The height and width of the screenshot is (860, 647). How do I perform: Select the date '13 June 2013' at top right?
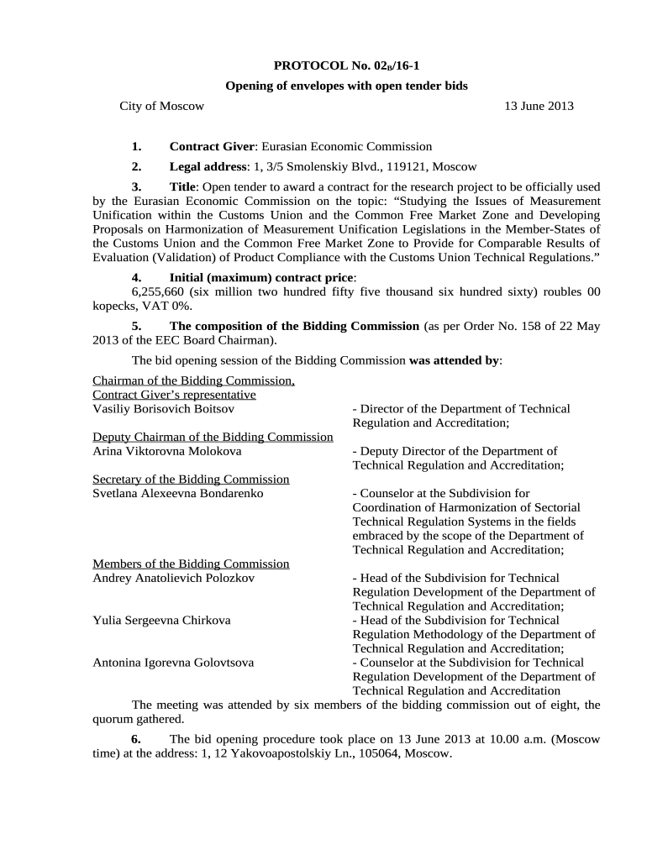click(538, 106)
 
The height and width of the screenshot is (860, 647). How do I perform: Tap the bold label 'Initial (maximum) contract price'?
click(261, 277)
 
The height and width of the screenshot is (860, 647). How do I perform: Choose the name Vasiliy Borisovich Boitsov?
click(163, 409)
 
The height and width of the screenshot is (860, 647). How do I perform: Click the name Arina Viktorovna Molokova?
click(166, 451)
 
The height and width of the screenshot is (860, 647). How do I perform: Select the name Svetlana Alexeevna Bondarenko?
click(177, 493)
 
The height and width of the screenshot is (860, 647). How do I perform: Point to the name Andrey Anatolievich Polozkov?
click(174, 578)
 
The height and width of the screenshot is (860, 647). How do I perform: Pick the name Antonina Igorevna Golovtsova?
click(173, 663)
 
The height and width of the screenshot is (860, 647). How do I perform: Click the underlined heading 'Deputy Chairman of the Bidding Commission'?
click(213, 437)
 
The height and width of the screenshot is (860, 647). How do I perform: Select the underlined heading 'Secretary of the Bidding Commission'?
click(191, 479)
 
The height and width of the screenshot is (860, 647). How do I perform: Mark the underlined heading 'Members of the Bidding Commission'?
click(191, 564)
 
